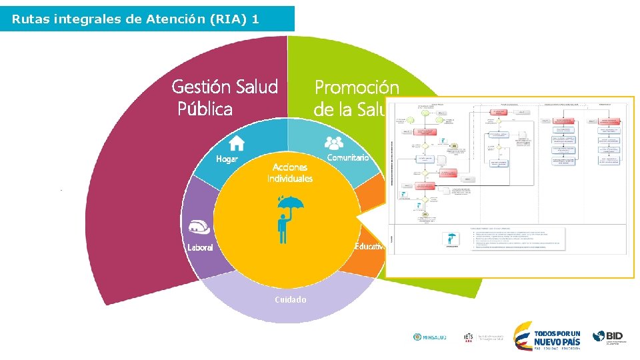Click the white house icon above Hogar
(x=237, y=143)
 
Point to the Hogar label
(x=227, y=159)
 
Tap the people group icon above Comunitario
(x=333, y=142)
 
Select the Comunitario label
(x=347, y=157)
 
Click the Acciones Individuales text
(x=290, y=173)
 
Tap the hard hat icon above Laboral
(x=200, y=227)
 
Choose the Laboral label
(x=200, y=247)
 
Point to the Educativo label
(x=369, y=247)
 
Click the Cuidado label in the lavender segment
(x=291, y=300)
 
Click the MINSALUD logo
(x=429, y=337)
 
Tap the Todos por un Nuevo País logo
(x=547, y=336)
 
